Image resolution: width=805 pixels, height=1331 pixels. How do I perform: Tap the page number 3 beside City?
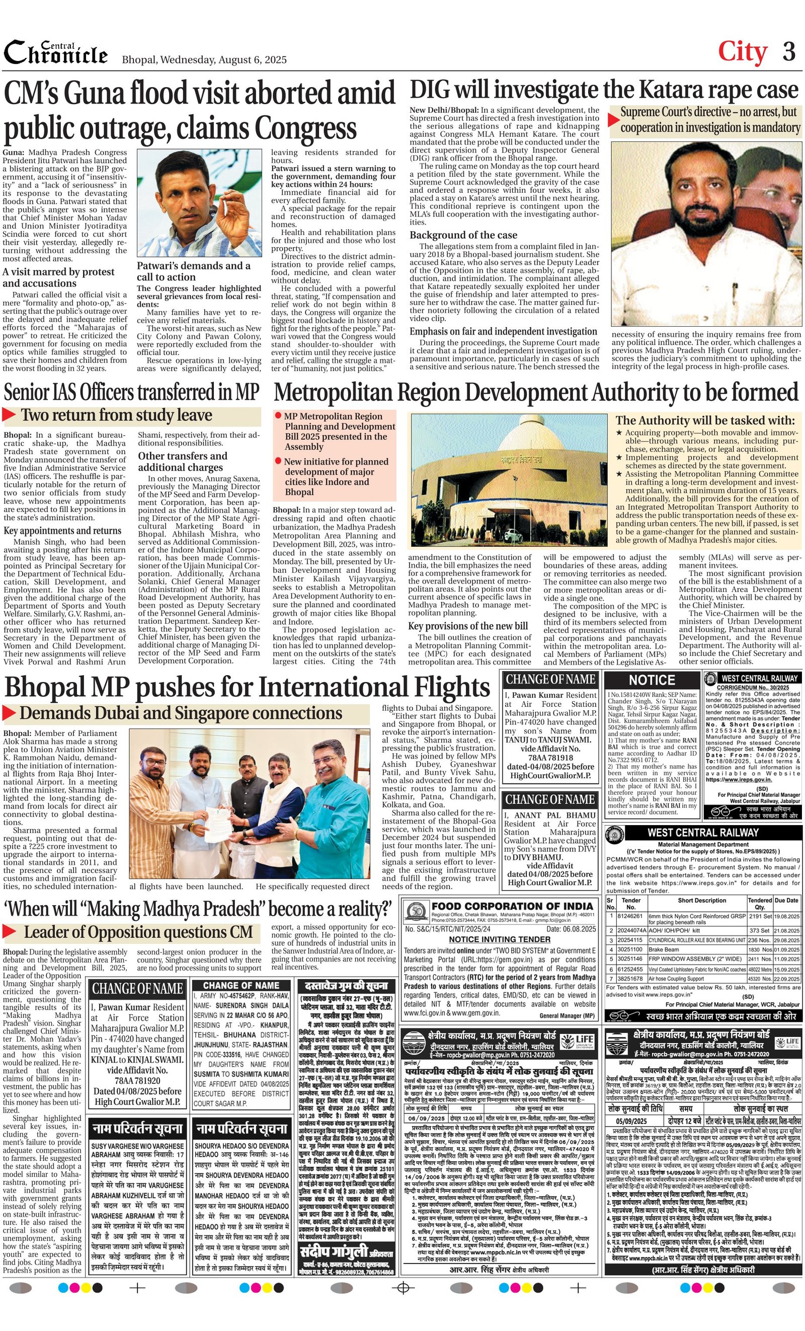(x=789, y=52)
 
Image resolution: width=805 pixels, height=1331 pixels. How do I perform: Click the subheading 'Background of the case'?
(x=463, y=235)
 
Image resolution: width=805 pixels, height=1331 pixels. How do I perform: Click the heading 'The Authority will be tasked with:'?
(x=705, y=420)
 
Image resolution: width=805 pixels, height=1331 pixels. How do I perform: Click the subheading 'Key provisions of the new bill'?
(x=467, y=626)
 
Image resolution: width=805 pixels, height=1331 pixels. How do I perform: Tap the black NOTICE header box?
(x=652, y=680)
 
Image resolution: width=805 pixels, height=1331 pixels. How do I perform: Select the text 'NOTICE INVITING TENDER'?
(x=500, y=939)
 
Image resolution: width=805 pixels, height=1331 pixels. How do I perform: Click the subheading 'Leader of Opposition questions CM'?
(x=138, y=932)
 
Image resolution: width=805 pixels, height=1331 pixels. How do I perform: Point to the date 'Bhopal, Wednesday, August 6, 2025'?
(x=204, y=59)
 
